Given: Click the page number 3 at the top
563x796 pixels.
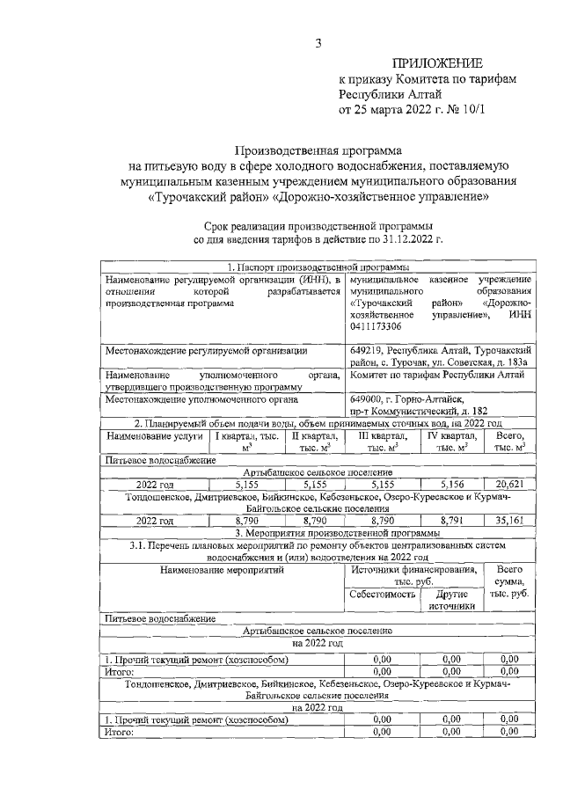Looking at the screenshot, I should point(320,44).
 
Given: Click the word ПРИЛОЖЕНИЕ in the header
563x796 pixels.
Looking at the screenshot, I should point(438,63).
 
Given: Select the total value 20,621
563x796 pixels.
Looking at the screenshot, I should point(510,484).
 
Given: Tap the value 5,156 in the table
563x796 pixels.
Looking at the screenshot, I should point(450,484).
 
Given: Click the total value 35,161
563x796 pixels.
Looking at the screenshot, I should point(510,520).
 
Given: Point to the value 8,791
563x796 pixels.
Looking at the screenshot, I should point(450,520).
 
